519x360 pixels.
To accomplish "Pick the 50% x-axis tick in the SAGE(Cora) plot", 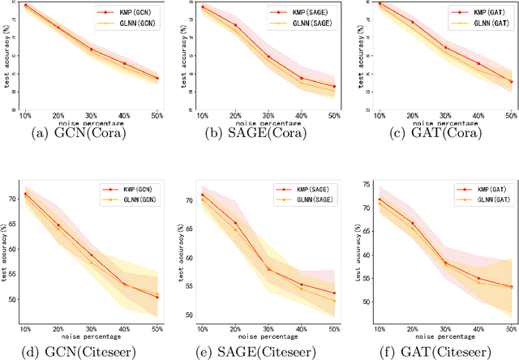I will click(333, 117).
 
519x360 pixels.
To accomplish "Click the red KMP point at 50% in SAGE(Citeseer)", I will click(333, 294).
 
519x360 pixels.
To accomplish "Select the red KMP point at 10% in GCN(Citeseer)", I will click(25, 194).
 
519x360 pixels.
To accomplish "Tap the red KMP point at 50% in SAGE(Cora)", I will click(333, 87).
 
